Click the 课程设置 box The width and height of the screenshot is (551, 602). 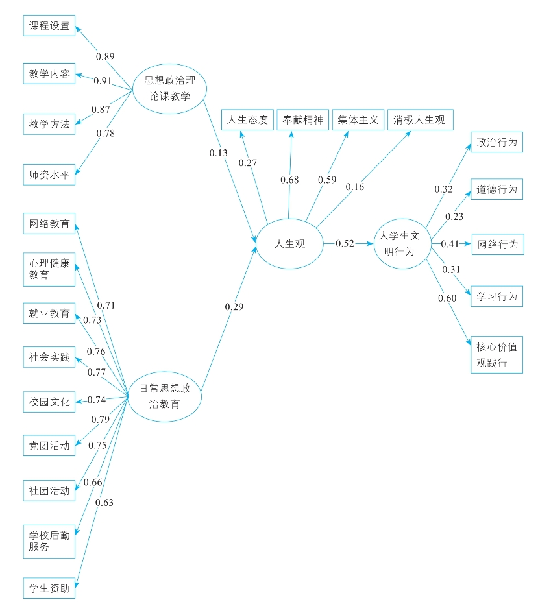point(49,27)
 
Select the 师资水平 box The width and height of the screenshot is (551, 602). point(49,174)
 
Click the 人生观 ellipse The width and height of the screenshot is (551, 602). point(289,244)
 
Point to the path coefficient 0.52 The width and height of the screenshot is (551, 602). point(345,244)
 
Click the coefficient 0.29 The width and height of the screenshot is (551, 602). point(234,306)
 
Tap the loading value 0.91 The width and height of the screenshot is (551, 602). point(103,81)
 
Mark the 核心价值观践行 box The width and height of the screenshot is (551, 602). point(496,354)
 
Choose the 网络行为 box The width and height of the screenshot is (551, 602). point(496,245)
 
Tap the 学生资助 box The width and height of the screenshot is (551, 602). point(49,588)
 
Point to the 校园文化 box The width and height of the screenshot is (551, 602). point(49,400)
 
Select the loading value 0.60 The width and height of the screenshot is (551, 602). point(447,298)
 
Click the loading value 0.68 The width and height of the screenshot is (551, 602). point(289,180)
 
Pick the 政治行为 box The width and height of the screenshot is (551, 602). point(496,142)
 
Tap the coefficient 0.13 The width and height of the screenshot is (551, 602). point(218,152)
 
